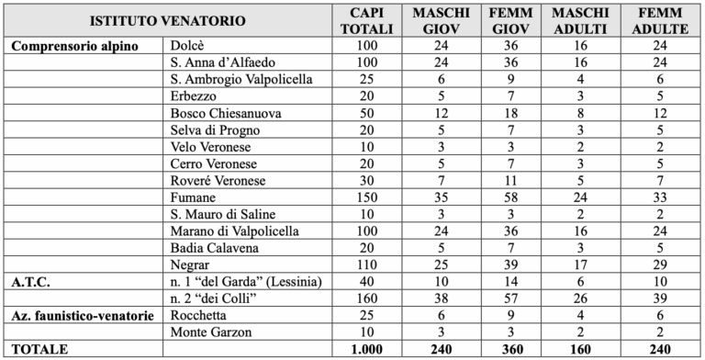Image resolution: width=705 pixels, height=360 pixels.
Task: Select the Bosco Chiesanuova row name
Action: [x=225, y=112]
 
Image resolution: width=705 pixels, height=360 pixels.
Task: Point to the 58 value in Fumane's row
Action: [x=512, y=197]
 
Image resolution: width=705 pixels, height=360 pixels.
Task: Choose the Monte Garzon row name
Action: [x=210, y=331]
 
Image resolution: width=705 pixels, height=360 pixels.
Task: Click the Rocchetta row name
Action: [x=199, y=314]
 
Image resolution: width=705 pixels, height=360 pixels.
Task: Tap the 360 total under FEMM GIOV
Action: [x=512, y=349]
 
